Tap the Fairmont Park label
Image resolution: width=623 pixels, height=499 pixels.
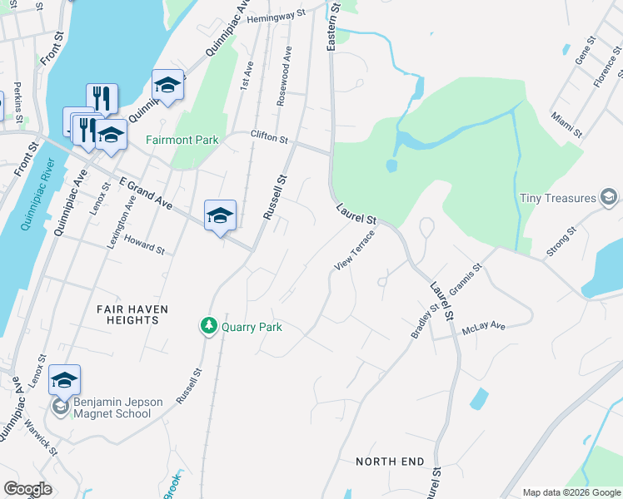pos(182,140)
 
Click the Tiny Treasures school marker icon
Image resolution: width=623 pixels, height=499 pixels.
pos(609,198)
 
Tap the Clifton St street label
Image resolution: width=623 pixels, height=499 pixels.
pos(269,136)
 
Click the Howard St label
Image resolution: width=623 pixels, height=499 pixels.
pos(144,244)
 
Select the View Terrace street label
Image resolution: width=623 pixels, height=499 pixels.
pos(355,250)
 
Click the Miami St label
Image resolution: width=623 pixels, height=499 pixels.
pos(566,124)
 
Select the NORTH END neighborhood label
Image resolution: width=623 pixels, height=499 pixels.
pos(390,461)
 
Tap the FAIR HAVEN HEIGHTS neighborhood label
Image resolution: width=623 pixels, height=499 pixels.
pos(132,314)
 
